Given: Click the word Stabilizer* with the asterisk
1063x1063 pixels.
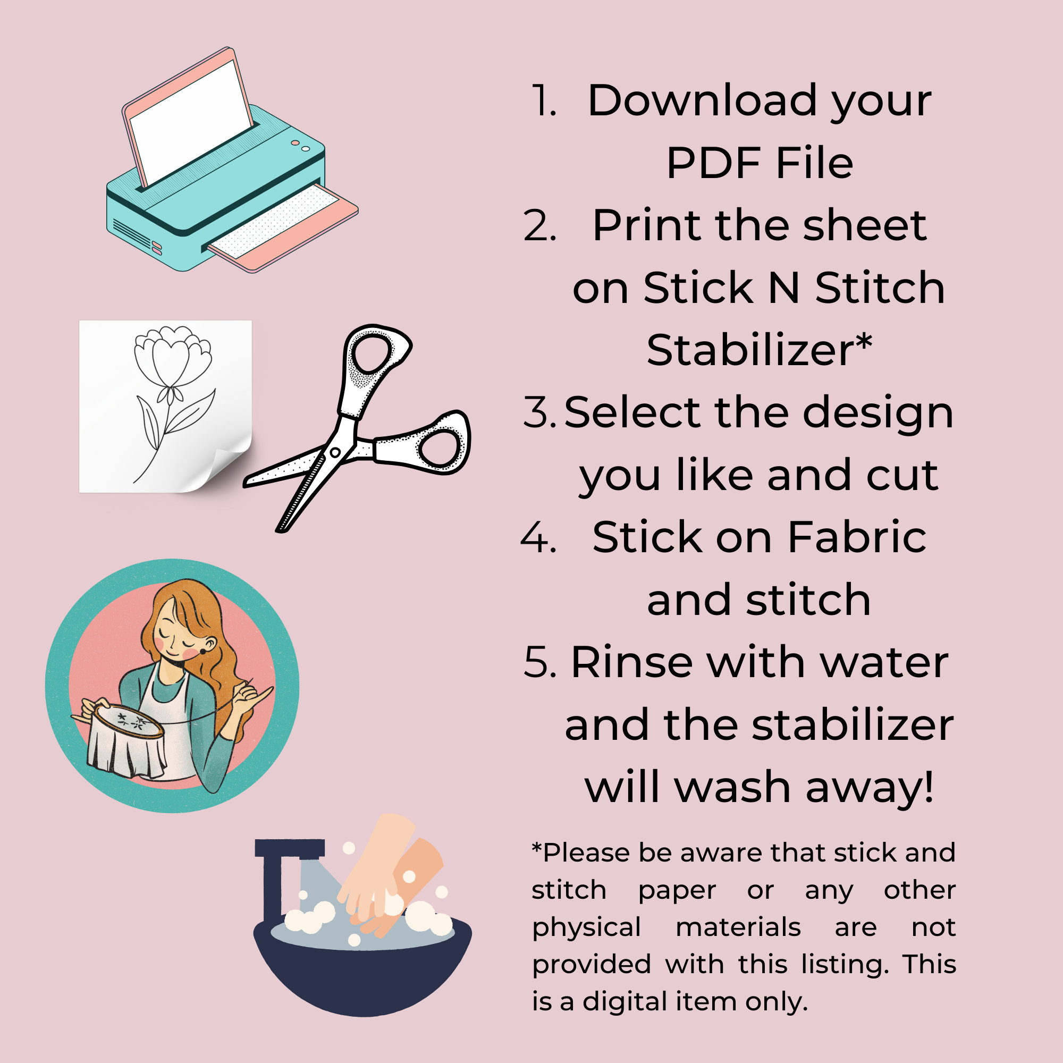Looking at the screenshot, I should tap(760, 350).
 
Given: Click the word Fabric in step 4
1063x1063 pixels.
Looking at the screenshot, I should tap(857, 537).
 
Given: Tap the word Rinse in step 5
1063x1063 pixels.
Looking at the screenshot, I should tap(631, 662).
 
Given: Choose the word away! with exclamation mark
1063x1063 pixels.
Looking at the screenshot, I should tap(870, 787).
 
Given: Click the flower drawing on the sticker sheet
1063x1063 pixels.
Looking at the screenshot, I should tap(171, 385).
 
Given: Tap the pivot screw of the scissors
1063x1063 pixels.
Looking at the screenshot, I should tap(335, 452).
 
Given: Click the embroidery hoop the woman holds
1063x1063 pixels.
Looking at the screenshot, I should tap(128, 721).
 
